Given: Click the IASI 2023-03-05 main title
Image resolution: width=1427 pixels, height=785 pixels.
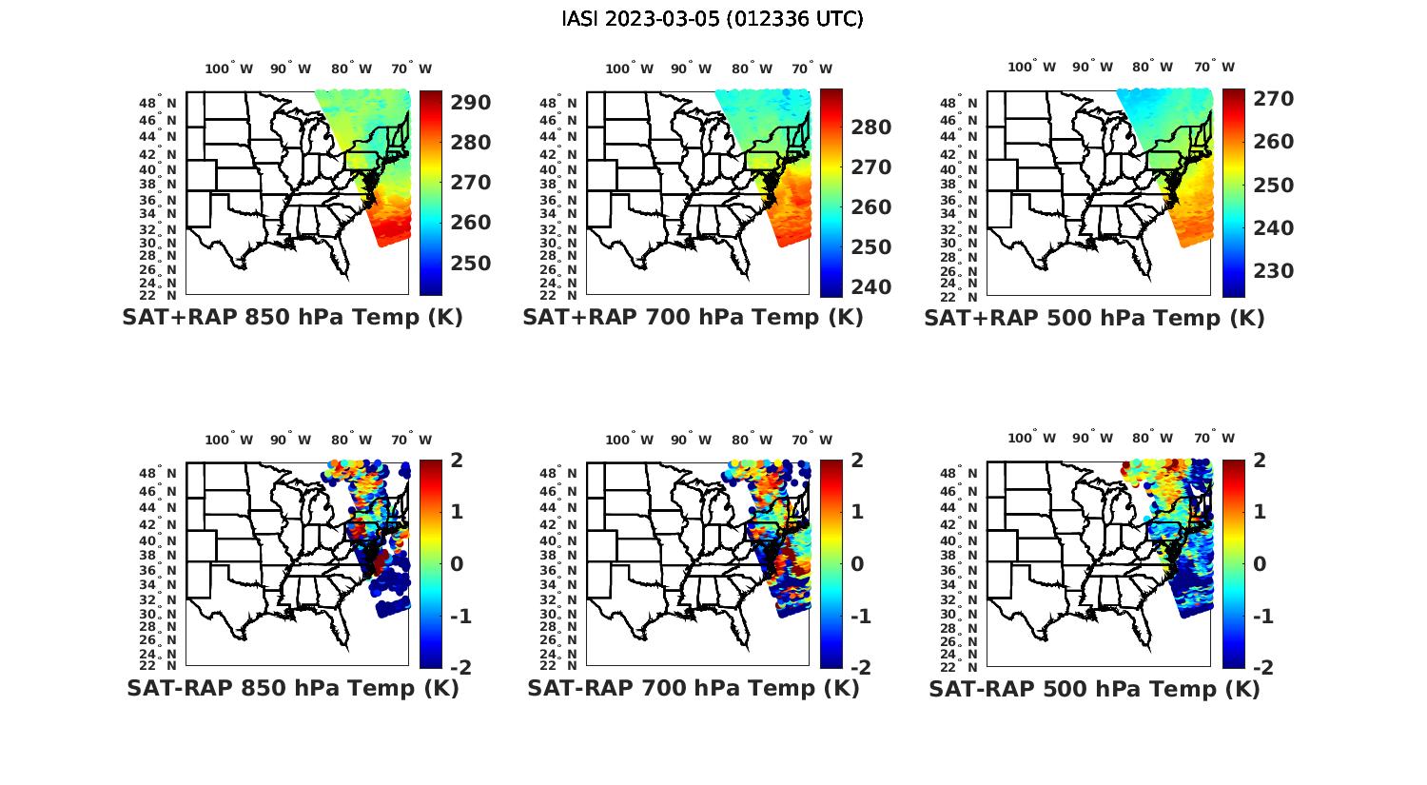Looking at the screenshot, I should pos(713,19).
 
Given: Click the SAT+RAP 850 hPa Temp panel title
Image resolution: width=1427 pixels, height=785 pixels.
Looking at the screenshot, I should pos(292,317).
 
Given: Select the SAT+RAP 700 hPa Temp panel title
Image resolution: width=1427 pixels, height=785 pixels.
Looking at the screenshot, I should pos(693,317).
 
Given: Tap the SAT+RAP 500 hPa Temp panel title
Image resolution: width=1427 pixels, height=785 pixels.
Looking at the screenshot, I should pos(1094,318).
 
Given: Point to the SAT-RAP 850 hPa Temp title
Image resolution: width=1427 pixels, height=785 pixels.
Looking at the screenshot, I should pos(292,688).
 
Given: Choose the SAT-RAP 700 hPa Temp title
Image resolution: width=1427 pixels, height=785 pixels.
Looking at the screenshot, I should pos(693,688).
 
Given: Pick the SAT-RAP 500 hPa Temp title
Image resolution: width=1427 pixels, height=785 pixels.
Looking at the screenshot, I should pos(1094,689).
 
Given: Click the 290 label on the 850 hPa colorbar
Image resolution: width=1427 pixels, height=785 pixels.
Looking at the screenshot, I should pos(471,103).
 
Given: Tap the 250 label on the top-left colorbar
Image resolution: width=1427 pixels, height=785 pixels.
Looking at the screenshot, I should pos(471,263).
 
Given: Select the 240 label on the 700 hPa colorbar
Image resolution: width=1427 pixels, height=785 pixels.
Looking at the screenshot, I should pos(871,286).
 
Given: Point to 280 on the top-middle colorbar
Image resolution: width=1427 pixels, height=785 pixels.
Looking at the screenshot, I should pos(871,128).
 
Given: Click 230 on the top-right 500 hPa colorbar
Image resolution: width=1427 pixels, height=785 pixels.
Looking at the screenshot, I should pos(1274,271).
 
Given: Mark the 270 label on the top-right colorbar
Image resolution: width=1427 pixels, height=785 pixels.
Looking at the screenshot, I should pos(1274,99).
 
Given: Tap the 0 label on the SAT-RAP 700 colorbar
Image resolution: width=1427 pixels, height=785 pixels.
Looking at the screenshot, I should pos(856,563).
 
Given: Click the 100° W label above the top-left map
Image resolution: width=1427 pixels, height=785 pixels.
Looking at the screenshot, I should pos(229,69).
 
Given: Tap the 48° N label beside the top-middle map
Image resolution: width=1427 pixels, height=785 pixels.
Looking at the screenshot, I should pos(558,103).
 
